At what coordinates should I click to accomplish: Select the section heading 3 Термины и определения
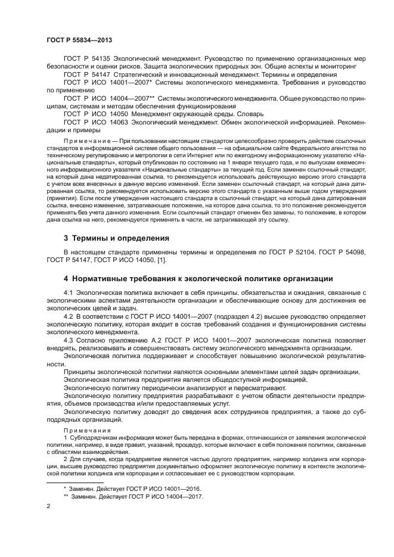click(x=116, y=238)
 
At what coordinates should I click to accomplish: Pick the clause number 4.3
click(x=68, y=340)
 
